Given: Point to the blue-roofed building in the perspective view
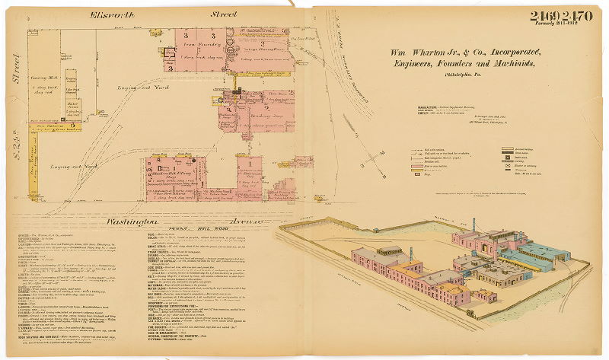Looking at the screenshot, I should (544, 253).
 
